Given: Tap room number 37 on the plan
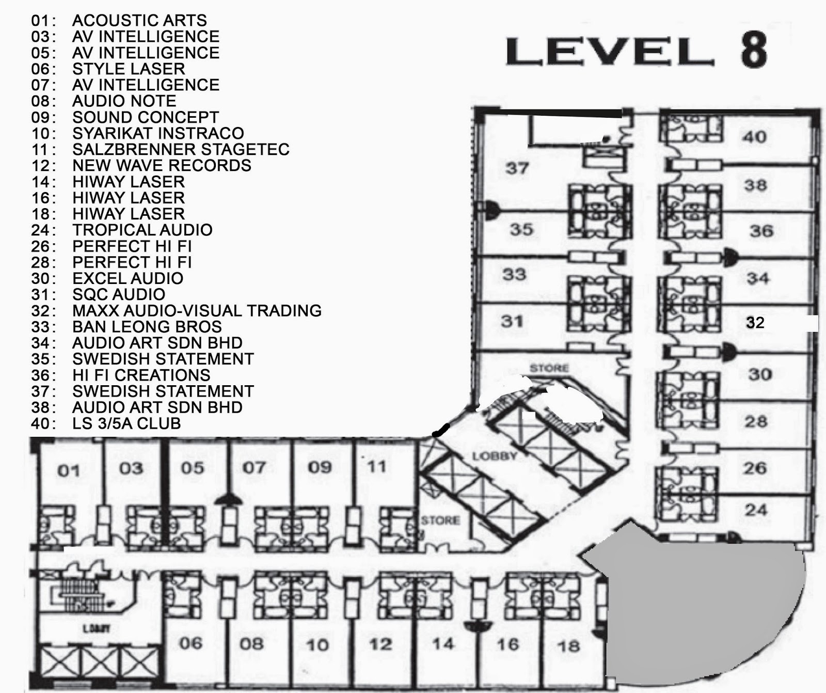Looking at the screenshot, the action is pyautogui.click(x=517, y=168).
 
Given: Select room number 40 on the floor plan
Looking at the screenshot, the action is pyautogui.click(x=755, y=137).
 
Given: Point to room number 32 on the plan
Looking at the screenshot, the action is pyautogui.click(x=755, y=323).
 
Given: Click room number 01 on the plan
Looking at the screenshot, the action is pyautogui.click(x=69, y=470).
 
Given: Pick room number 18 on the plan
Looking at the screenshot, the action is pyautogui.click(x=568, y=646).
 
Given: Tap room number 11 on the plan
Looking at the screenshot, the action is pyautogui.click(x=377, y=467).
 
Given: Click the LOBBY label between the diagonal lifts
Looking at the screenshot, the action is pyautogui.click(x=495, y=456).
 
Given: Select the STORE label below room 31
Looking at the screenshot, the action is pyautogui.click(x=549, y=368).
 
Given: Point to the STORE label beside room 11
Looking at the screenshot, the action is pyautogui.click(x=440, y=520).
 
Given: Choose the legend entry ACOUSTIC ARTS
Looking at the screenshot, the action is pyautogui.click(x=139, y=21).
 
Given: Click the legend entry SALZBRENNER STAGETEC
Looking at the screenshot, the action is pyautogui.click(x=181, y=150).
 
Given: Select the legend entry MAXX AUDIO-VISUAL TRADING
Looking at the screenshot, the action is pyautogui.click(x=197, y=311).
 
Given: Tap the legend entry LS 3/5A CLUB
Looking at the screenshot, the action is pyautogui.click(x=126, y=423).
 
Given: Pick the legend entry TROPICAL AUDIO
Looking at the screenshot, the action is pyautogui.click(x=142, y=230).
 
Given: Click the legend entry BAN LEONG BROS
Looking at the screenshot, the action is pyautogui.click(x=147, y=327).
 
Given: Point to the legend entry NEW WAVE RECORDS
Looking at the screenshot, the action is pyautogui.click(x=162, y=166).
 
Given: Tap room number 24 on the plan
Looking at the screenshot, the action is pyautogui.click(x=756, y=510).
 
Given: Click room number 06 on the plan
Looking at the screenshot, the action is pyautogui.click(x=190, y=643).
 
